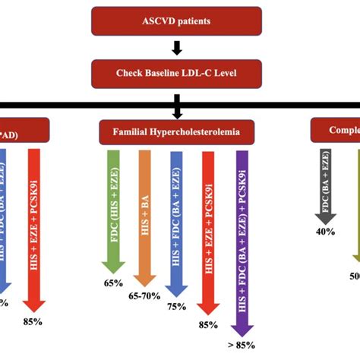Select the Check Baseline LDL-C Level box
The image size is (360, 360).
pos(176,73)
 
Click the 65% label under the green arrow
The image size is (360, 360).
pos(113,283)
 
